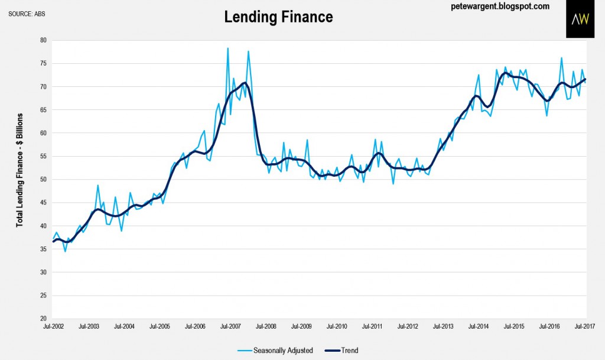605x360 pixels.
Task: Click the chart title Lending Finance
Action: click(x=278, y=17)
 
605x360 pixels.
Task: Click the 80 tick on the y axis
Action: click(x=43, y=40)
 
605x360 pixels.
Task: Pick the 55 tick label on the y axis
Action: click(x=43, y=156)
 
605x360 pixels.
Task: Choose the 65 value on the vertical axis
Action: click(x=43, y=110)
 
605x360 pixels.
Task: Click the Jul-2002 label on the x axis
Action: click(x=53, y=326)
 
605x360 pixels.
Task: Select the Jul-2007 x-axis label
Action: click(x=230, y=326)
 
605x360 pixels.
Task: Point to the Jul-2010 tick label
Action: click(x=337, y=326)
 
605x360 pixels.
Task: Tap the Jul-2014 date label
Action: click(x=479, y=326)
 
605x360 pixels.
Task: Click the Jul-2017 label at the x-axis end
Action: click(x=586, y=326)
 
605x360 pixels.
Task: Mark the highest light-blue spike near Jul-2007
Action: click(x=227, y=48)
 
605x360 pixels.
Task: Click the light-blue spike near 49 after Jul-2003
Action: click(x=97, y=186)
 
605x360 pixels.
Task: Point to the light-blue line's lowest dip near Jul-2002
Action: click(x=65, y=251)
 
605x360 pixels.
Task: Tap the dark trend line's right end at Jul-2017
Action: click(x=586, y=79)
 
